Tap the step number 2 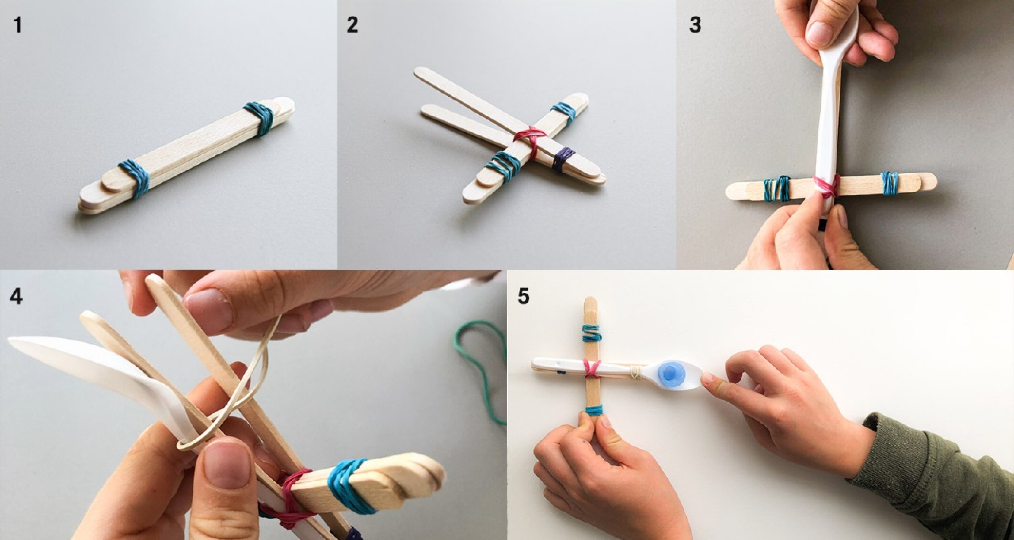click(x=352, y=25)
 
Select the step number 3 click(x=695, y=25)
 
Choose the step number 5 click(x=524, y=296)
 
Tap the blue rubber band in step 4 click(x=352, y=487)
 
